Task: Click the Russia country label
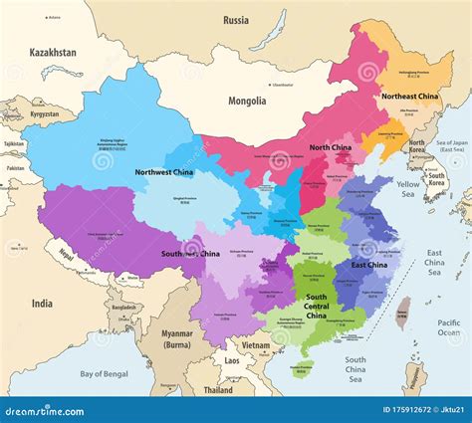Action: pyautogui.click(x=236, y=20)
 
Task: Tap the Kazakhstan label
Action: pyautogui.click(x=52, y=52)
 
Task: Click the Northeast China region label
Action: pyautogui.click(x=410, y=96)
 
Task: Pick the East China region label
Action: pyautogui.click(x=370, y=265)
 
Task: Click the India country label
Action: pyautogui.click(x=41, y=303)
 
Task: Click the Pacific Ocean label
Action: pyautogui.click(x=447, y=328)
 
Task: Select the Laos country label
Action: pyautogui.click(x=231, y=360)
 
